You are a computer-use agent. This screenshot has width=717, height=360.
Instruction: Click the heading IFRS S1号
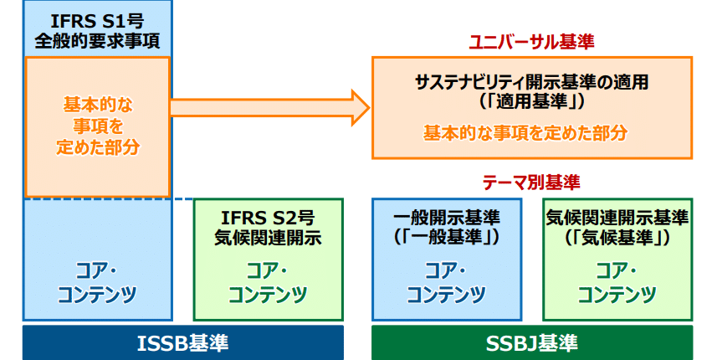[97, 22]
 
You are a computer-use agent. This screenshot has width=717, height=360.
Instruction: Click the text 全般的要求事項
[97, 41]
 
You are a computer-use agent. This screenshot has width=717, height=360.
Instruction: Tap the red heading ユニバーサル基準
[532, 42]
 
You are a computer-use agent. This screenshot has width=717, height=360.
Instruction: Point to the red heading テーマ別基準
[531, 183]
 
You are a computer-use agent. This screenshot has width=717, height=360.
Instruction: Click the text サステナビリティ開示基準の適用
[532, 82]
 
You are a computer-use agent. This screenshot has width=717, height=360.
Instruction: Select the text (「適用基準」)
[532, 101]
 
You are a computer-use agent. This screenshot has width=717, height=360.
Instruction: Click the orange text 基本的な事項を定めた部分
[525, 133]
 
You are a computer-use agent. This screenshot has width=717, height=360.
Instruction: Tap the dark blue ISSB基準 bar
[183, 342]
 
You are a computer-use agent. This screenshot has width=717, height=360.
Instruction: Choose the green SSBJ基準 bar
[532, 342]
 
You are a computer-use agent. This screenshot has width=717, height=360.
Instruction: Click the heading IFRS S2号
[268, 219]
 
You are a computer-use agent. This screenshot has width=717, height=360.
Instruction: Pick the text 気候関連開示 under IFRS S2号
[268, 238]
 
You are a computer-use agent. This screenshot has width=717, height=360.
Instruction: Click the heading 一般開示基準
[446, 219]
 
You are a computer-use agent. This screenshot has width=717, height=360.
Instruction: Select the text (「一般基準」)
[446, 238]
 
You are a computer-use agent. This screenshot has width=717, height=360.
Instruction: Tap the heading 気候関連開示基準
[617, 219]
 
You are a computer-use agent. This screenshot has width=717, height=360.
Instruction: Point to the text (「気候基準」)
[617, 238]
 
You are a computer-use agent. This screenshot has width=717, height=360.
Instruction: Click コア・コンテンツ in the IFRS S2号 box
[268, 284]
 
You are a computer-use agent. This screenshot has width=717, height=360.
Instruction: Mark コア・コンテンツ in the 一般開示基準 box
[446, 284]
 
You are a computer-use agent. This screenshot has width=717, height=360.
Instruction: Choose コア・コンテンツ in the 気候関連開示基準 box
[617, 284]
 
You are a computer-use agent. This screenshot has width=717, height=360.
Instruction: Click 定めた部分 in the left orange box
[98, 147]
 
